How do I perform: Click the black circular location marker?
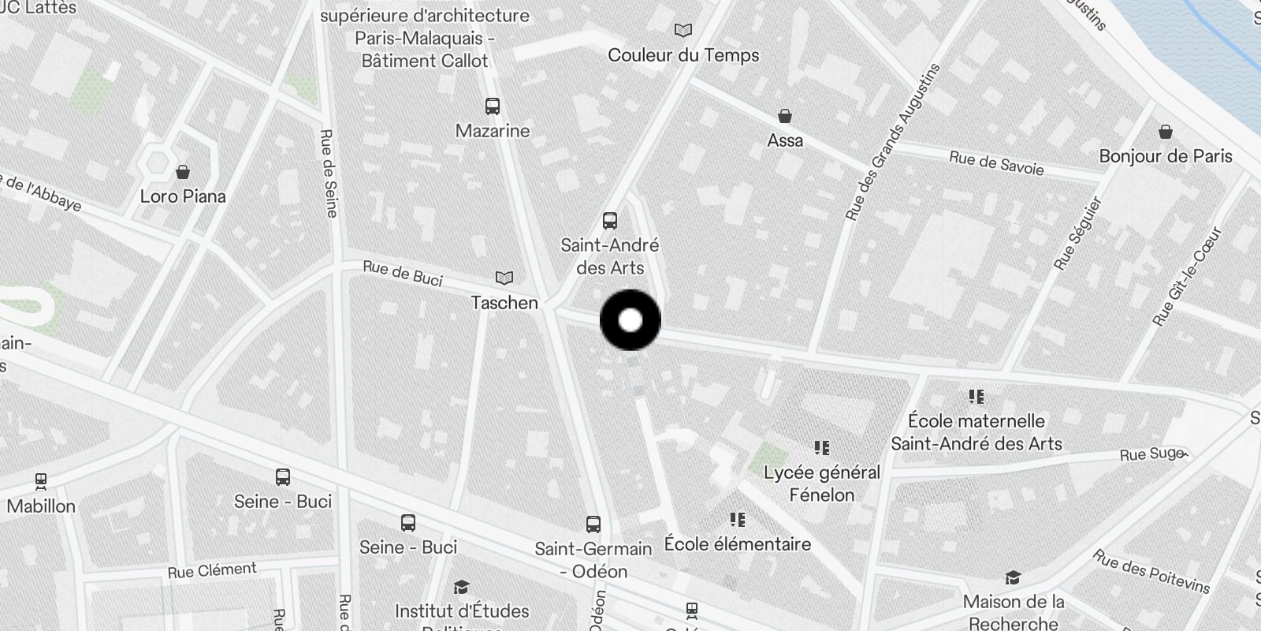[630, 320]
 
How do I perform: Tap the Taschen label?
[504, 302]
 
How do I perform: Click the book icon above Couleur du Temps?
[683, 31]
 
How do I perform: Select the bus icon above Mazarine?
[493, 106]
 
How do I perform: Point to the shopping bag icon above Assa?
[785, 117]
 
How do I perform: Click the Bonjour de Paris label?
[1166, 156]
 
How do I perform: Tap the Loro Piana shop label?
[183, 196]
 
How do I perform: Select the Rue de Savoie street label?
[996, 163]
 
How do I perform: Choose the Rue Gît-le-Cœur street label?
[1186, 276]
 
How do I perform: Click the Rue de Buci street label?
[403, 274]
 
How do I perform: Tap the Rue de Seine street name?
[329, 173]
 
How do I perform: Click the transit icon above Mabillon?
[41, 480]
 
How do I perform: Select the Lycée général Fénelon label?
[822, 484]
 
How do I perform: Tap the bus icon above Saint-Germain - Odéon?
[593, 524]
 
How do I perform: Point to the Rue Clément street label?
[212, 570]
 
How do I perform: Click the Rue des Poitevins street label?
[1151, 571]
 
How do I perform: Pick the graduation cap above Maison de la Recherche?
[1013, 578]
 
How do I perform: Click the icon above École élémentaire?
[738, 519]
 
